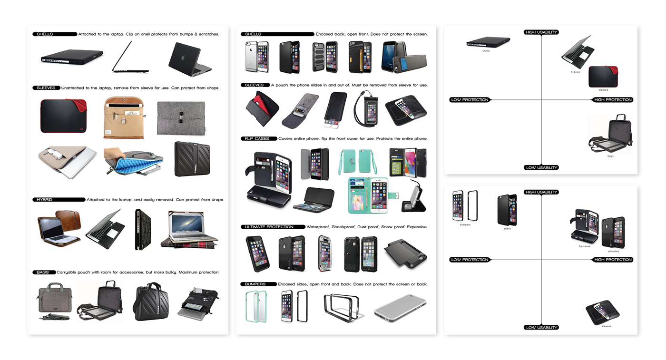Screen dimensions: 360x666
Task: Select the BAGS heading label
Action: (44, 272)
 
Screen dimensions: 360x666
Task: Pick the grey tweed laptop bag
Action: (54, 300)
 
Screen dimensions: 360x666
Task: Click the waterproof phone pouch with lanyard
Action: (364, 109)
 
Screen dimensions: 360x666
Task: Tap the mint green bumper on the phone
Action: (256, 305)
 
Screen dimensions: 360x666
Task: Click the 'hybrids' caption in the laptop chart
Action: (575, 72)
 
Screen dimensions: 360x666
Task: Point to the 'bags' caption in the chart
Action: (610, 156)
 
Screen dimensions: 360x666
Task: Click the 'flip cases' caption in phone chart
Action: (584, 246)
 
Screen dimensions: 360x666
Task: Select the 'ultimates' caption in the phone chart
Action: (613, 251)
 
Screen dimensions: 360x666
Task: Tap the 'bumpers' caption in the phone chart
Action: (465, 224)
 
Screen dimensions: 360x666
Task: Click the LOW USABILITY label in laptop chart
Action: (541, 167)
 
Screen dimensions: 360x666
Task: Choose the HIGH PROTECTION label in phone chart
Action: (613, 260)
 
